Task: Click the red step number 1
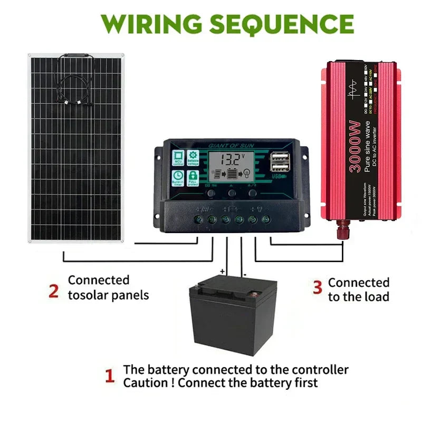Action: coord(110,376)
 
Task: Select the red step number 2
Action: coord(53,291)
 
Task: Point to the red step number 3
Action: coord(317,287)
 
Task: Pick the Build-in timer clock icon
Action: coord(178,177)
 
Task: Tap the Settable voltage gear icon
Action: coord(193,158)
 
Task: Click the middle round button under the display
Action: coord(232,194)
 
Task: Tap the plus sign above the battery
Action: coord(222,272)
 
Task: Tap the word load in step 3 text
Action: coord(377,296)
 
